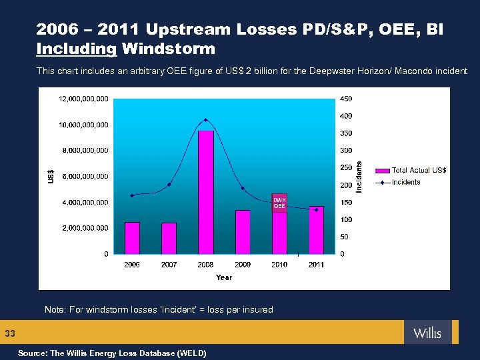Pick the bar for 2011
tap(316, 229)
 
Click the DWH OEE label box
tap(279, 203)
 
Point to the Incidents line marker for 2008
tap(206, 120)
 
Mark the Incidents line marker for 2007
tap(169, 185)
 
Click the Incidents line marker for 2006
tap(132, 195)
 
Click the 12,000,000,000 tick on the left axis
tap(84, 99)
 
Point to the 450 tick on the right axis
tap(347, 99)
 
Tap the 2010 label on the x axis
tap(279, 265)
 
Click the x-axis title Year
tap(224, 277)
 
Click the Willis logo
tap(427, 332)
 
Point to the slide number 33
tap(10, 333)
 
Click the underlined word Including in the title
tap(77, 49)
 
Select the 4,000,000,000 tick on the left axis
tap(84, 202)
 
